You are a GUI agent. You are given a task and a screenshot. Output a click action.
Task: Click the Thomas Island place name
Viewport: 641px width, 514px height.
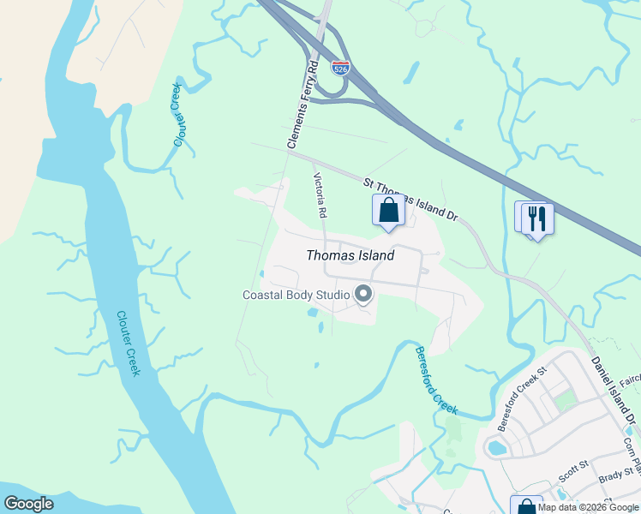click(350, 255)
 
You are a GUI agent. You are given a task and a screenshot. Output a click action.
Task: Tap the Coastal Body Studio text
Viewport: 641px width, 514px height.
click(296, 296)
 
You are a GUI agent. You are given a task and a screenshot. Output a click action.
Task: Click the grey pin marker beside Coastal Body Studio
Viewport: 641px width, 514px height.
click(363, 295)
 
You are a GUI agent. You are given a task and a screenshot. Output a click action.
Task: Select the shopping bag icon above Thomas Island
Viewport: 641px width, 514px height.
click(388, 210)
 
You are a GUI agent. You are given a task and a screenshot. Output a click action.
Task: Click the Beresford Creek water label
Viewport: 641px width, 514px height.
click(436, 380)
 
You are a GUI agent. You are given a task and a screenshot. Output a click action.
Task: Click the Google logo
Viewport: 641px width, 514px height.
click(28, 504)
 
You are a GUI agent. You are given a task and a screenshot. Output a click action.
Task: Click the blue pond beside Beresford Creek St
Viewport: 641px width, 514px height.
click(496, 447)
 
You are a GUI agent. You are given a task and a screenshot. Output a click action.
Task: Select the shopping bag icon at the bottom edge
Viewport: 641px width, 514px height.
click(525, 505)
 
